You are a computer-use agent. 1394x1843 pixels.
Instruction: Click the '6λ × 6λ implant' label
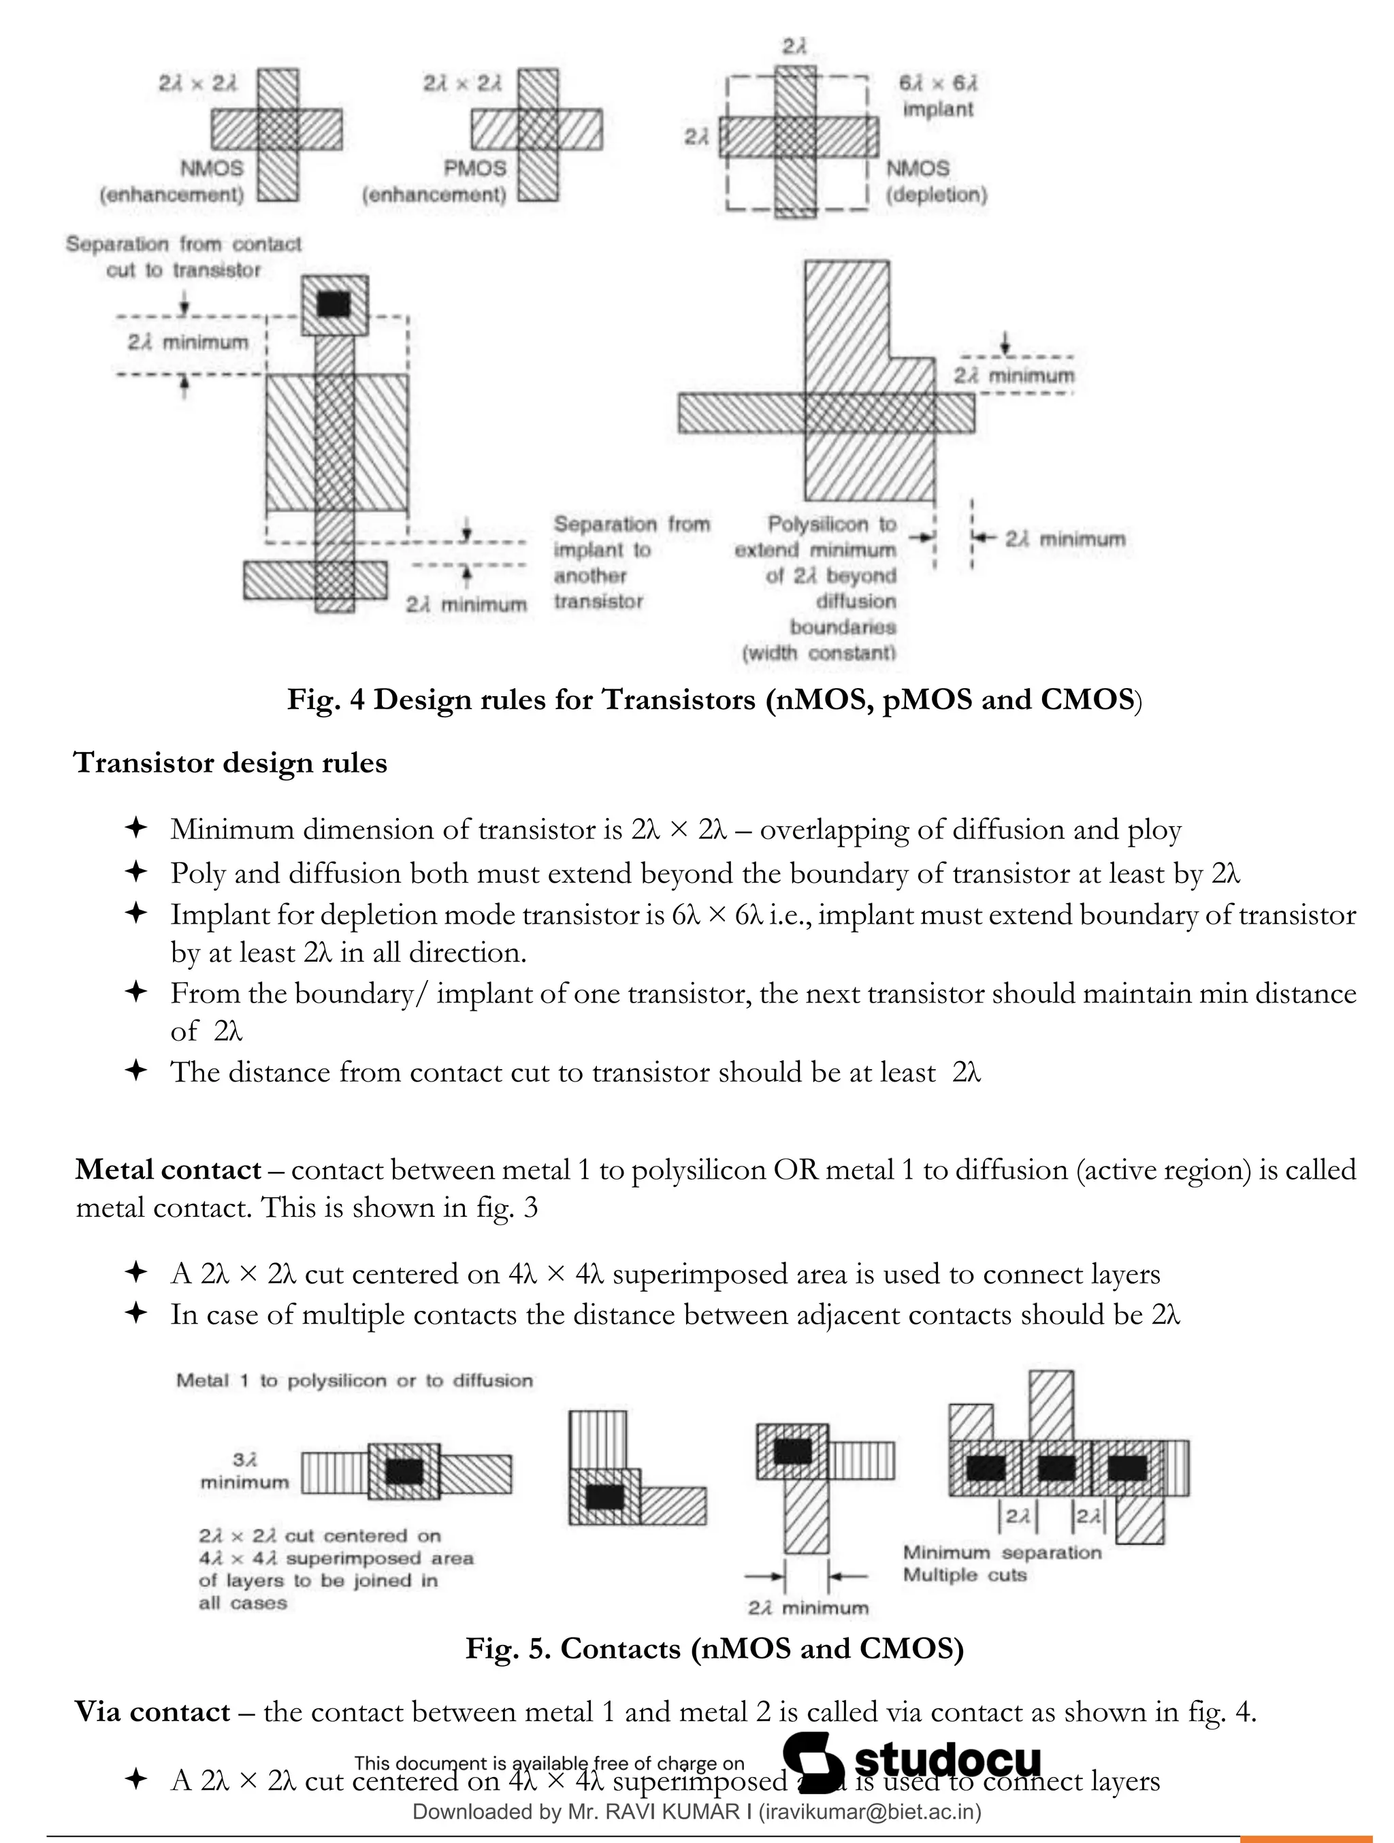coord(937,96)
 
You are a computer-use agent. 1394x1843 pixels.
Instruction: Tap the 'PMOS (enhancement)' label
coord(435,182)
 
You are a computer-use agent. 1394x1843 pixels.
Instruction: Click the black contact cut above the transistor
coord(334,304)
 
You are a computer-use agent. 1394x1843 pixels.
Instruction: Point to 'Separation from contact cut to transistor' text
coord(183,257)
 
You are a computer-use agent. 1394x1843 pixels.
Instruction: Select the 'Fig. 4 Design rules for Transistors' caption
coord(714,699)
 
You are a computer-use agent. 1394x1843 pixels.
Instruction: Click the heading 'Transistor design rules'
coord(230,762)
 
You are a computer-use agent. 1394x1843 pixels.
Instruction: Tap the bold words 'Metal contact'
coord(168,1169)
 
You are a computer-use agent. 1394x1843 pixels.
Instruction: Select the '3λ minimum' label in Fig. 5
coord(244,1471)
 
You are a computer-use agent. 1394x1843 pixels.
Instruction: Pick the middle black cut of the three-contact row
coord(1056,1467)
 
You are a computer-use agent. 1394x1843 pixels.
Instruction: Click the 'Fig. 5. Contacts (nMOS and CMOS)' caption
coord(714,1648)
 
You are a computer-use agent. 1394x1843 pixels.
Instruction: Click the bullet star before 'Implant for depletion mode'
coord(135,913)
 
